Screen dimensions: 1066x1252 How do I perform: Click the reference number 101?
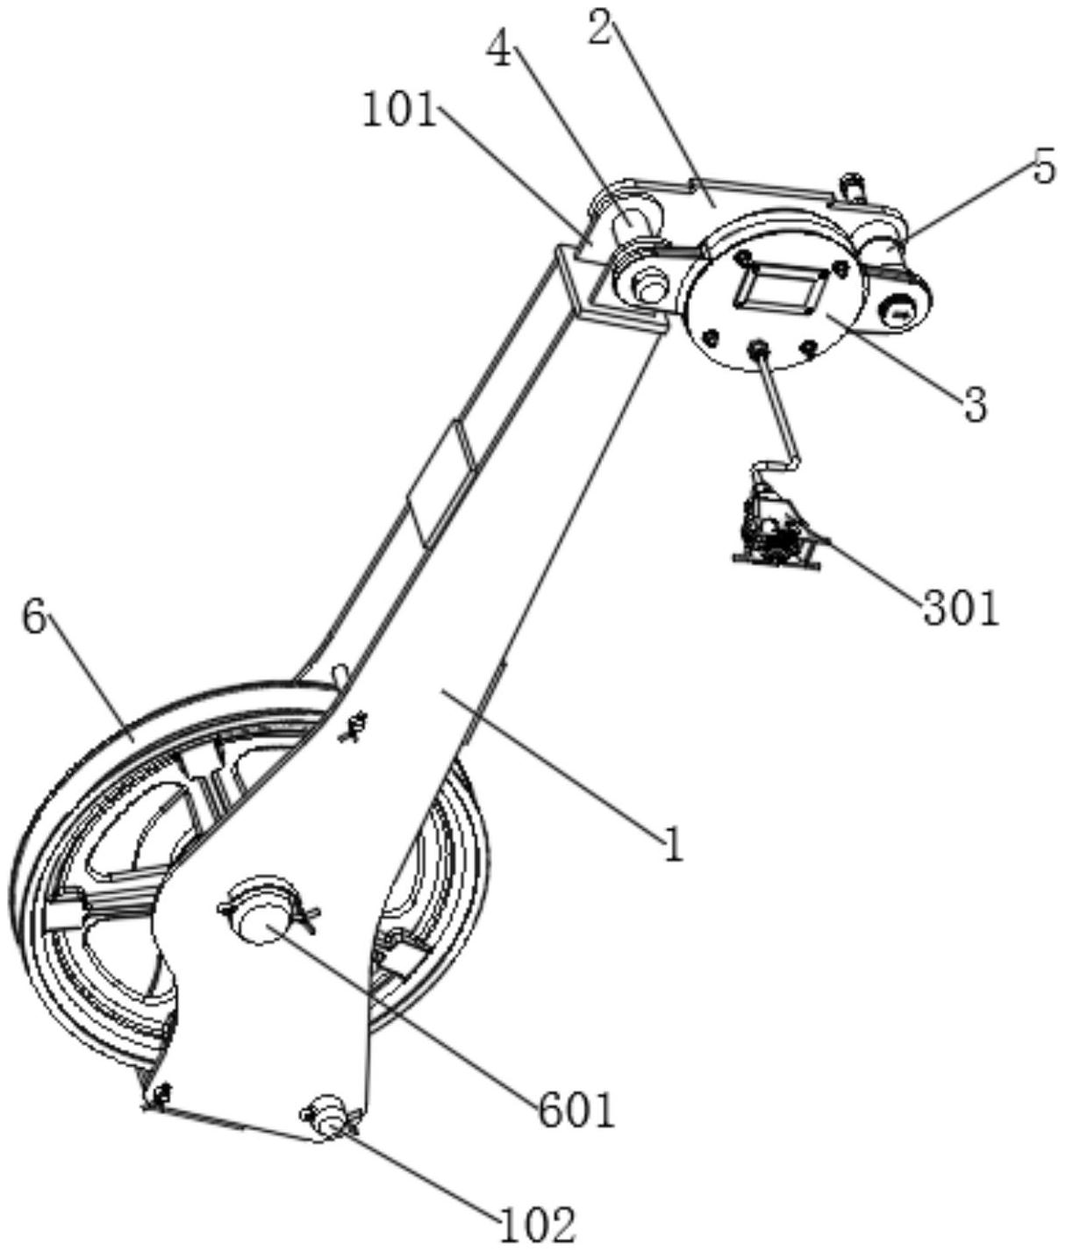(400, 112)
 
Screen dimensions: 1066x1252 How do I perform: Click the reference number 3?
(975, 404)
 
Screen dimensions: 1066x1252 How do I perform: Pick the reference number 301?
(961, 607)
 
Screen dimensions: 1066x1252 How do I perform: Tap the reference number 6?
(33, 619)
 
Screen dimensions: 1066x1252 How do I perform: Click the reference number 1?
(673, 845)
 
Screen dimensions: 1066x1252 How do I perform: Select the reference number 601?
(576, 1110)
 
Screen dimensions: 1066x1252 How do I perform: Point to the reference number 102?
(537, 1223)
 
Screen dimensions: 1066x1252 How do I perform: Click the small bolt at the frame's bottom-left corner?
(161, 1094)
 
